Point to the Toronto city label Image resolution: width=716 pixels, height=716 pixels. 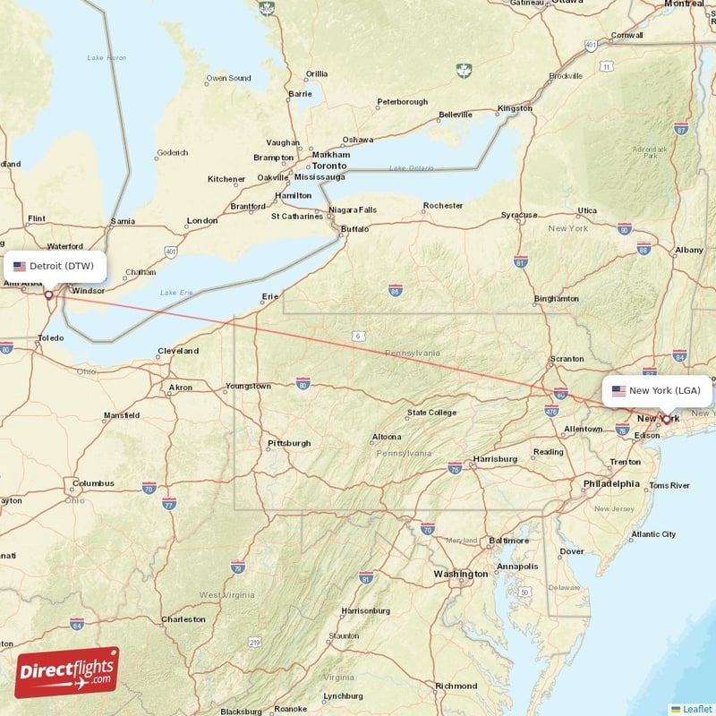click(328, 166)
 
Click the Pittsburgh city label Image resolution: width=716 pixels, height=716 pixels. click(289, 443)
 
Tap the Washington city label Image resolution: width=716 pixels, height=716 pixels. click(461, 574)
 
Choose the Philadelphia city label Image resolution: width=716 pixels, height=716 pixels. click(611, 483)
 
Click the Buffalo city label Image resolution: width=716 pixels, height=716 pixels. click(355, 229)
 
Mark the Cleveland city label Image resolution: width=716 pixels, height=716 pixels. click(177, 351)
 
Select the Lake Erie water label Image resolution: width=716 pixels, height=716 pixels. click(175, 293)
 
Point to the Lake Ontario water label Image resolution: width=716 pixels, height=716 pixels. click(410, 168)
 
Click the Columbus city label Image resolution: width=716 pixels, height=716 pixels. click(93, 483)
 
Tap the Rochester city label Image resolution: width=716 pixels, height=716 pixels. click(443, 206)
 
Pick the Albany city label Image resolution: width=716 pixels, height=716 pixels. click(689, 250)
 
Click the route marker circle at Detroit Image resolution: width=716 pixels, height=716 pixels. click(48, 294)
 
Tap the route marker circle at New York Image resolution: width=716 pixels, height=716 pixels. click(666, 418)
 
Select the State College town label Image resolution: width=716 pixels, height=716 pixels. click(431, 413)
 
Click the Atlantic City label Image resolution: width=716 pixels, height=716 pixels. click(653, 534)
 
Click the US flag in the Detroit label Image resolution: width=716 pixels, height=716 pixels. click(20, 266)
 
